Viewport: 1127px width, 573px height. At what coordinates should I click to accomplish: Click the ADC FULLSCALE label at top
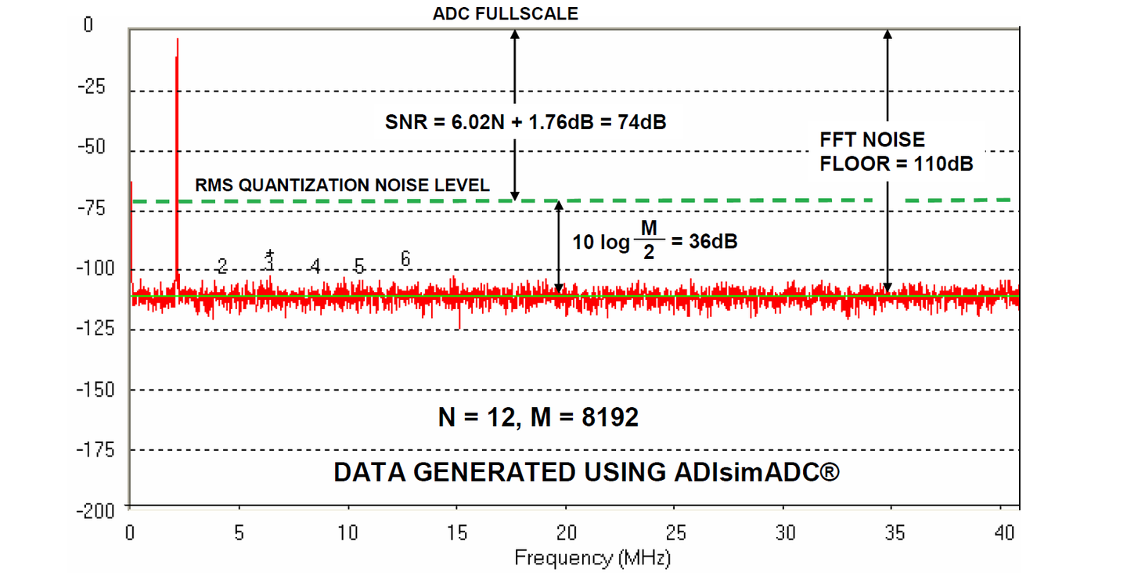pyautogui.click(x=505, y=13)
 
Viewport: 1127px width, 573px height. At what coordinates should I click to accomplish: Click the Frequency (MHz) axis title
pyautogui.click(x=592, y=557)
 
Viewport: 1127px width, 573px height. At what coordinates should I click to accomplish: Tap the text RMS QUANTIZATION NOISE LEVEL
pyautogui.click(x=342, y=186)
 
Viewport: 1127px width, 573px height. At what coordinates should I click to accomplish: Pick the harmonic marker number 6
pyautogui.click(x=405, y=258)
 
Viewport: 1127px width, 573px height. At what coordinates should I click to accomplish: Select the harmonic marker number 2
pyautogui.click(x=222, y=266)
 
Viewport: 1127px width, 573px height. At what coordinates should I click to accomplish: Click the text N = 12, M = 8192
pyautogui.click(x=538, y=417)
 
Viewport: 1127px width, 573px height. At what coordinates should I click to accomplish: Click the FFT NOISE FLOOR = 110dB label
pyautogui.click(x=895, y=152)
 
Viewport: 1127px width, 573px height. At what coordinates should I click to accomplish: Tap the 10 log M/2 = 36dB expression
pyautogui.click(x=654, y=240)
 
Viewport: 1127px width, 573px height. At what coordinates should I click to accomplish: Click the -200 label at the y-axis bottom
pyautogui.click(x=94, y=510)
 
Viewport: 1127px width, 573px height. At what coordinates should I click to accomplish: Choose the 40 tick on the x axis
pyautogui.click(x=1004, y=532)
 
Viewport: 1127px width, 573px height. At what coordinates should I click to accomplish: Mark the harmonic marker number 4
pyautogui.click(x=315, y=266)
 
